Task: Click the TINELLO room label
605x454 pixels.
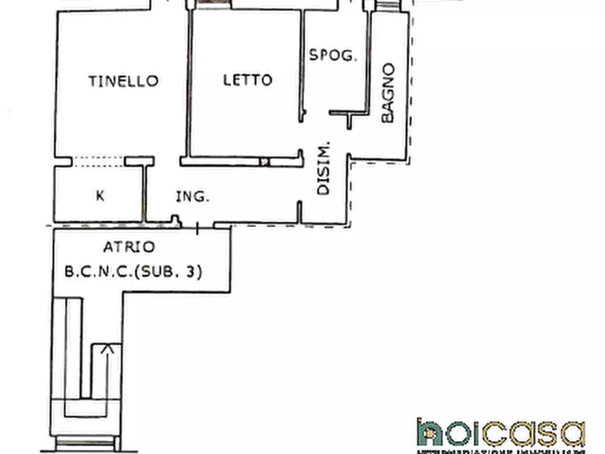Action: click(123, 81)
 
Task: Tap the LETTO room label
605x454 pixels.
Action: click(248, 80)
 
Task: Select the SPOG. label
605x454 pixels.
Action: click(333, 56)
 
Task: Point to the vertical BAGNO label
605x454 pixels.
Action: click(388, 93)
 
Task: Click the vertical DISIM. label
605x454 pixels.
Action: click(324, 168)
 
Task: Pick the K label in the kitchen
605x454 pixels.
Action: click(100, 196)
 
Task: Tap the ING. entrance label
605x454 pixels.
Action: click(192, 197)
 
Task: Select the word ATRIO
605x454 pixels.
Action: click(129, 247)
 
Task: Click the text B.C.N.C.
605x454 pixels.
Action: click(98, 272)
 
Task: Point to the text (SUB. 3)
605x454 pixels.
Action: click(169, 272)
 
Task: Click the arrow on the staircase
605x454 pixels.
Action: click(106, 350)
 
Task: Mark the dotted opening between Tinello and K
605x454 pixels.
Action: click(98, 161)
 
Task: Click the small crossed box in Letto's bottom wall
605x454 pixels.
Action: click(266, 161)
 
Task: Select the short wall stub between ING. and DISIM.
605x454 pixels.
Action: click(299, 211)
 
